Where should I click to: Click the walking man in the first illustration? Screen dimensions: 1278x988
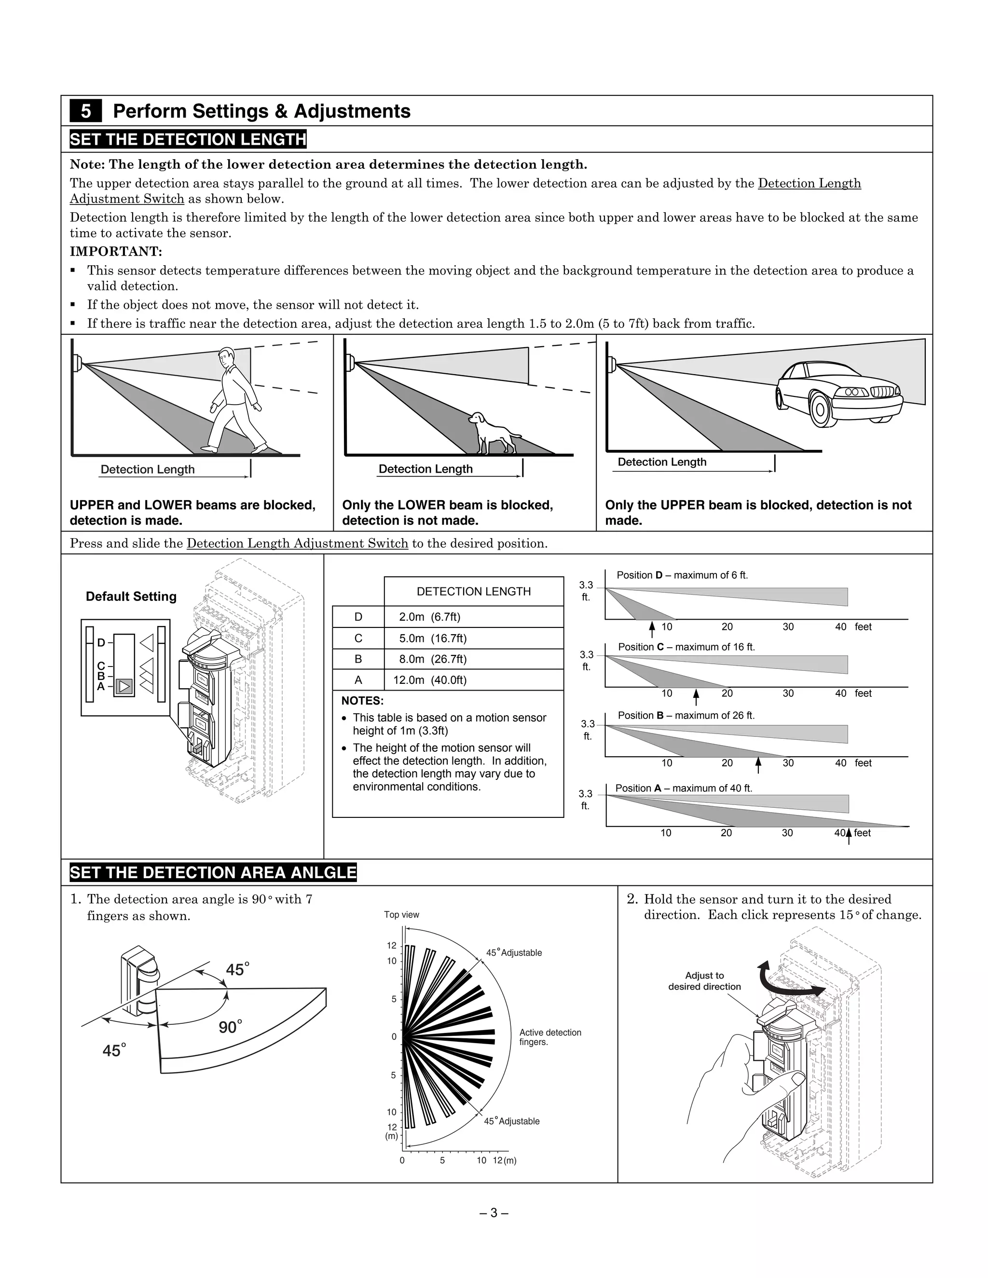[x=236, y=401]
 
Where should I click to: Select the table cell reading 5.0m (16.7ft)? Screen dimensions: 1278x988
[x=433, y=638]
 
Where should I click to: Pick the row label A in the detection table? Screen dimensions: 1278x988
[x=358, y=680]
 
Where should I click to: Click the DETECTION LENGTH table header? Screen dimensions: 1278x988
[x=474, y=592]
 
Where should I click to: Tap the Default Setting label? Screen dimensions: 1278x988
[x=131, y=596]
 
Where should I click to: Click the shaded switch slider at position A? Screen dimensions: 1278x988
[x=124, y=686]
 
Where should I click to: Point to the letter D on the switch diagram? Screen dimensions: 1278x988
[x=101, y=643]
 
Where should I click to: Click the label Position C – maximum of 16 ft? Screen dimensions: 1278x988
[x=686, y=647]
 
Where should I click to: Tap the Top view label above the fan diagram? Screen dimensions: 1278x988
[x=401, y=914]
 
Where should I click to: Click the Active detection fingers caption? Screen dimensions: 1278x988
[x=549, y=1037]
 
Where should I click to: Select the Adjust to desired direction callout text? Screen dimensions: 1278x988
[x=704, y=981]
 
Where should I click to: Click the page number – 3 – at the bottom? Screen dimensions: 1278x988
[x=494, y=1213]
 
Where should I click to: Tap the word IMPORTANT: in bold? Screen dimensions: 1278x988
[x=116, y=252]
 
